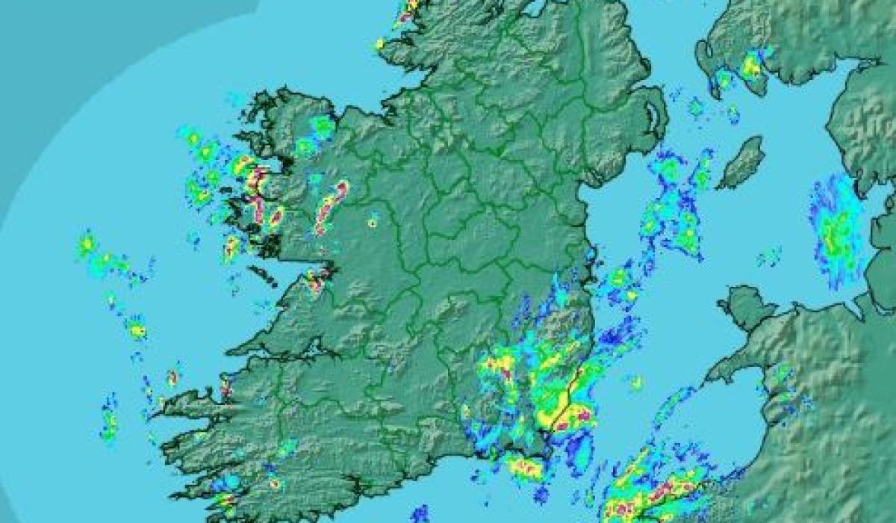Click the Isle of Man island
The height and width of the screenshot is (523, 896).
(x=741, y=162)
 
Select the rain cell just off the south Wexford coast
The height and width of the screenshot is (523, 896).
(x=525, y=468)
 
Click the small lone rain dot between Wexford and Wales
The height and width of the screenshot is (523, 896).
(x=635, y=383)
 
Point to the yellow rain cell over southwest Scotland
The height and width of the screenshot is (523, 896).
(x=751, y=67)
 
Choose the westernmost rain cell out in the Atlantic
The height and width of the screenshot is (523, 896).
(x=87, y=244)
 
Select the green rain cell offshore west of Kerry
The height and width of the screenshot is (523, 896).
(x=110, y=423)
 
